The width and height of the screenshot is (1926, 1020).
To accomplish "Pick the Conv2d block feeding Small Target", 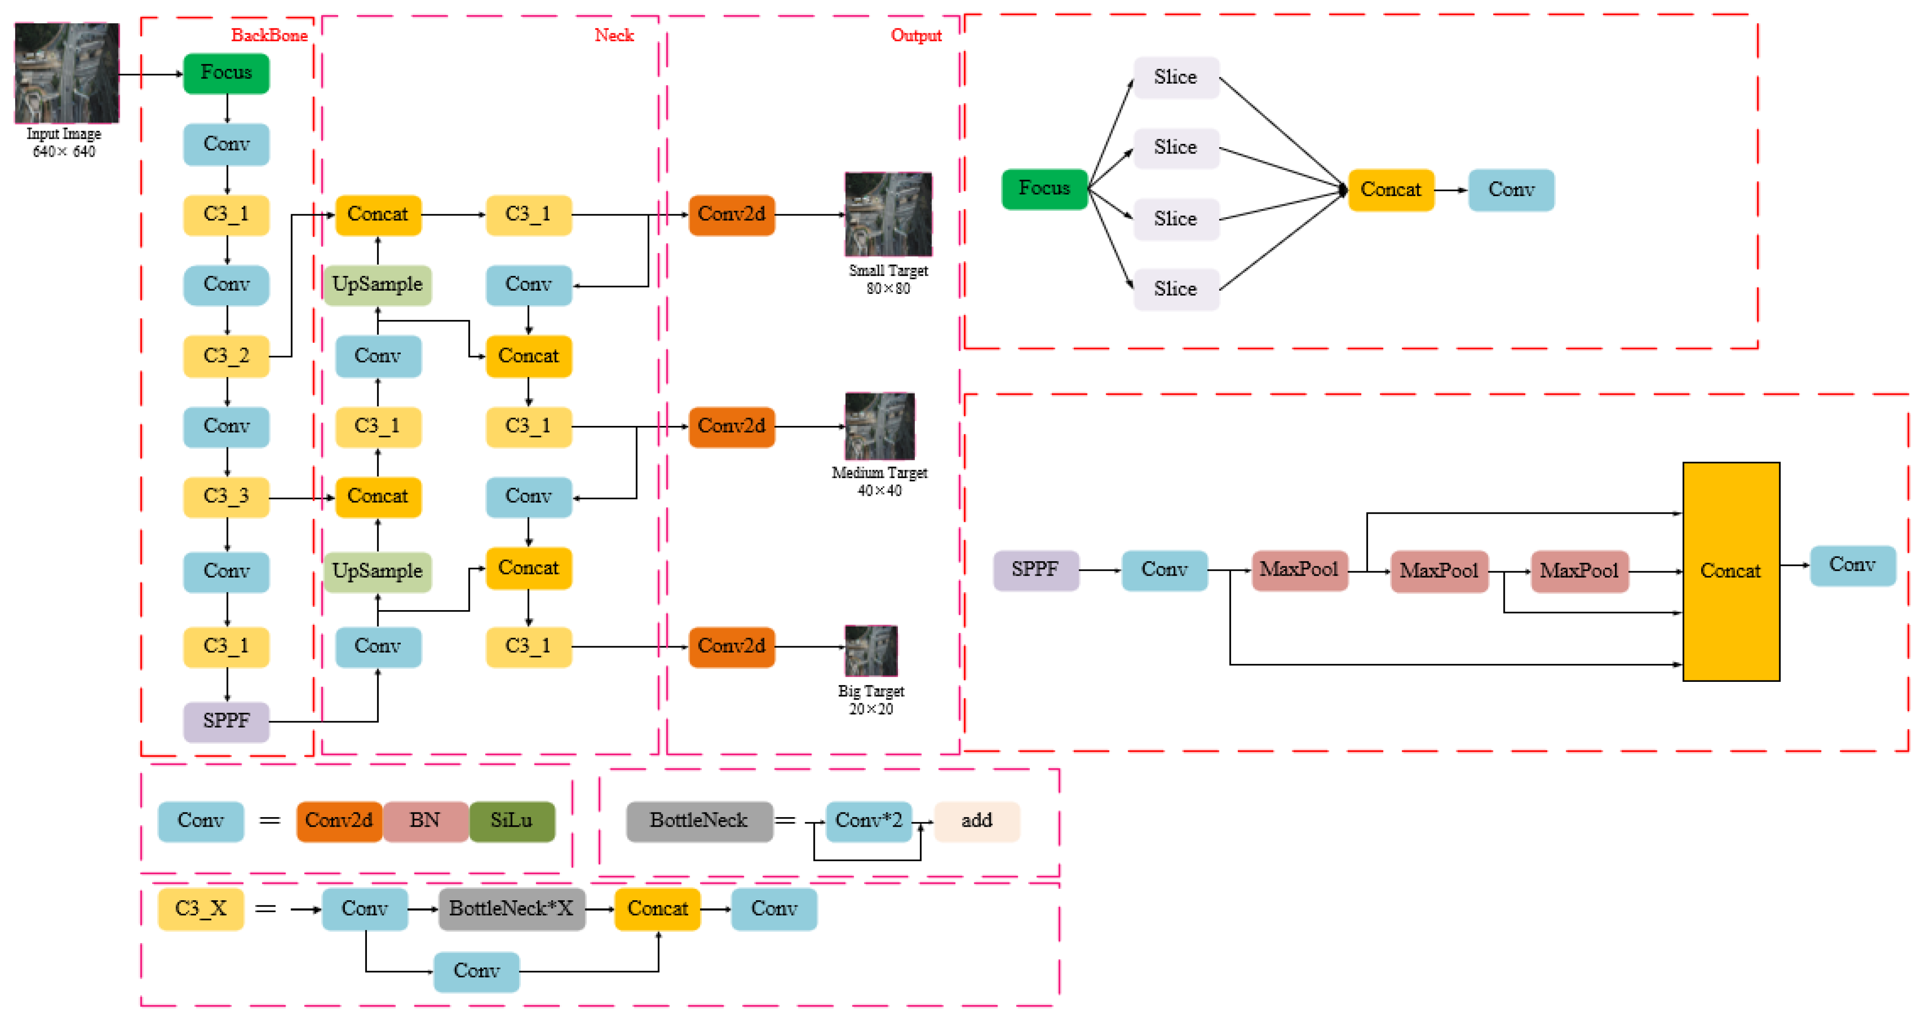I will pos(731,215).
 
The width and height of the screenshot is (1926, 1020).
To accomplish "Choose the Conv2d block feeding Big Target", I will pos(731,646).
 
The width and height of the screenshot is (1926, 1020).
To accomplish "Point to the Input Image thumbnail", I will pos(67,73).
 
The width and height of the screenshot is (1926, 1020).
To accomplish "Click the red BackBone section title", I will pos(269,35).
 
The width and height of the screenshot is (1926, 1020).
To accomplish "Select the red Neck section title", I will pos(614,35).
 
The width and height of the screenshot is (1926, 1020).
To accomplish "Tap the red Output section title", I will pos(916,35).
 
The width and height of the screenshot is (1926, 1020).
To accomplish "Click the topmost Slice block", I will pos(1175,77).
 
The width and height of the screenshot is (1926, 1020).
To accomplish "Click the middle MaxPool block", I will pos(1438,571).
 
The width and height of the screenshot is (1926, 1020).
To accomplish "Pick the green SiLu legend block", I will pos(511,821).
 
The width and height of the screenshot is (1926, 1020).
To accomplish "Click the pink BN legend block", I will pos(424,821).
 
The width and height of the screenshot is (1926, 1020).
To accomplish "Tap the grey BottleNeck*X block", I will pos(511,908).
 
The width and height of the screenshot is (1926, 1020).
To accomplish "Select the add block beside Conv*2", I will pos(976,821).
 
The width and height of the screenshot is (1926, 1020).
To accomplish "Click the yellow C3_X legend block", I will pos(201,908).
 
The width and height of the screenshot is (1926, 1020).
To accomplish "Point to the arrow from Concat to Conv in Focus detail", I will pos(1450,190).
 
